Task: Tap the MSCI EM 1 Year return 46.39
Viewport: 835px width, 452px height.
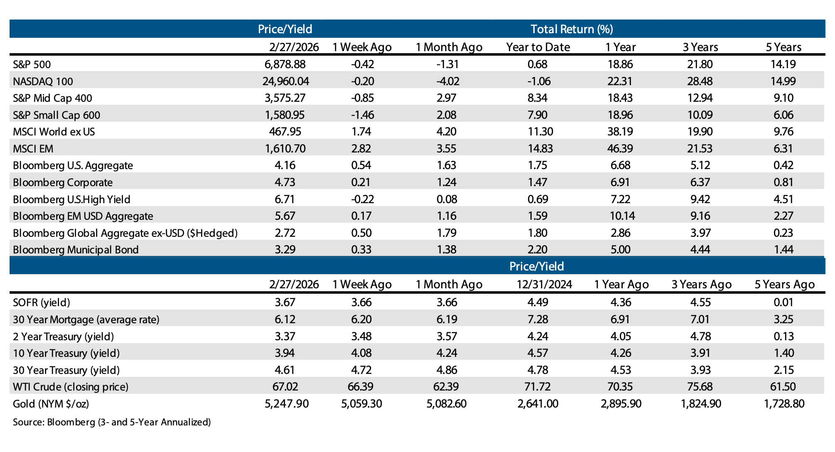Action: point(619,149)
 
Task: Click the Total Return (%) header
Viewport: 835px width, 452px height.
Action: point(572,29)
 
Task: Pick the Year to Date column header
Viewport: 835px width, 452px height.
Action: point(538,47)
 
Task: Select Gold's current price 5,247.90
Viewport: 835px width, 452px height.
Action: point(286,404)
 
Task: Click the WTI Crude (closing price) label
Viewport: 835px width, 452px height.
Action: point(71,387)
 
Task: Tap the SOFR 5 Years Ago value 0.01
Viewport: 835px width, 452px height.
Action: point(783,302)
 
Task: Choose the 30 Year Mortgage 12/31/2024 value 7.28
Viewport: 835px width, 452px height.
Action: point(538,319)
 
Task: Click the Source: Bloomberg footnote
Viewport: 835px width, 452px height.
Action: point(112,423)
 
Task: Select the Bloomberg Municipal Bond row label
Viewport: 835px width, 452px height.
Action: point(76,250)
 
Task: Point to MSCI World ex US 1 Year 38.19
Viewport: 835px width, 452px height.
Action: point(619,132)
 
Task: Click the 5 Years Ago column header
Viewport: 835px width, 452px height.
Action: point(784,285)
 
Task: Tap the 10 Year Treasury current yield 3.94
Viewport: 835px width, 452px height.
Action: point(285,353)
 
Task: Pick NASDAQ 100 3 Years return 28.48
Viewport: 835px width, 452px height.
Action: point(700,81)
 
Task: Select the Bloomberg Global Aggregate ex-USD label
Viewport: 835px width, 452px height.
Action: point(125,233)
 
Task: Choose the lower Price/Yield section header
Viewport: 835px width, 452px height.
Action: point(536,266)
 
